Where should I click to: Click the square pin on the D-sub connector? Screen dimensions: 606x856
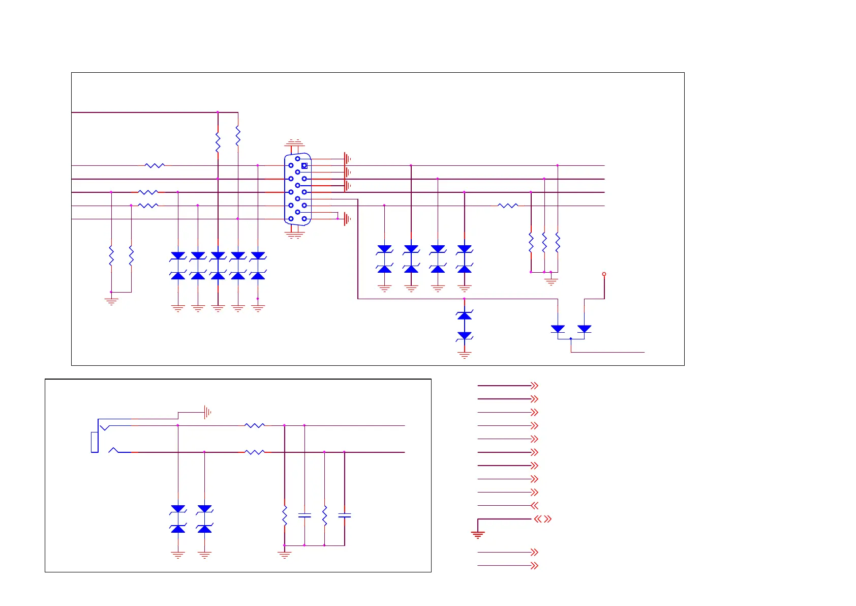tap(304, 165)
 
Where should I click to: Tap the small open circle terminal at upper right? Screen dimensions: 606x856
tap(604, 274)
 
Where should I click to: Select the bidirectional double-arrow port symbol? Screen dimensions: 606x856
tap(542, 519)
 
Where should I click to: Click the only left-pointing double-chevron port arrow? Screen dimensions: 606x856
tap(534, 506)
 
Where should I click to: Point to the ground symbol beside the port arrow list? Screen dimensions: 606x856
tap(478, 534)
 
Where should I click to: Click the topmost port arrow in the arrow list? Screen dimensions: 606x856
tap(534, 386)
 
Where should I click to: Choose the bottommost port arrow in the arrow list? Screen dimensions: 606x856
tap(534, 566)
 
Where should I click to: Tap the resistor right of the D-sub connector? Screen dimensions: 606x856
tap(508, 206)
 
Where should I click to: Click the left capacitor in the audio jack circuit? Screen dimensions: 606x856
tap(304, 516)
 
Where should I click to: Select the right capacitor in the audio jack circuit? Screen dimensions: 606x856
tap(345, 516)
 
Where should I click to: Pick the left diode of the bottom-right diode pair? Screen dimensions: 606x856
tap(558, 329)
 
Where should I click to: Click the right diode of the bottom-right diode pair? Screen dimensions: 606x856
tap(585, 329)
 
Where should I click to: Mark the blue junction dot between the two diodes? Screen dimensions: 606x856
tap(571, 338)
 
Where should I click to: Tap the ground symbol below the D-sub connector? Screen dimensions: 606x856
tap(294, 235)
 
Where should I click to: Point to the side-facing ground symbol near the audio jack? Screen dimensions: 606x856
tap(207, 412)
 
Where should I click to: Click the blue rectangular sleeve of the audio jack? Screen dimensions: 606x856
tap(94, 442)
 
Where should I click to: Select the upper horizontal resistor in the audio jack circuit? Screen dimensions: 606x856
tap(255, 425)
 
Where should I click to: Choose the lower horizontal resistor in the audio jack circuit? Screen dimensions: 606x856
tap(255, 452)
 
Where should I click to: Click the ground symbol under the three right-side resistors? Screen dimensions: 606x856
tap(551, 280)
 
